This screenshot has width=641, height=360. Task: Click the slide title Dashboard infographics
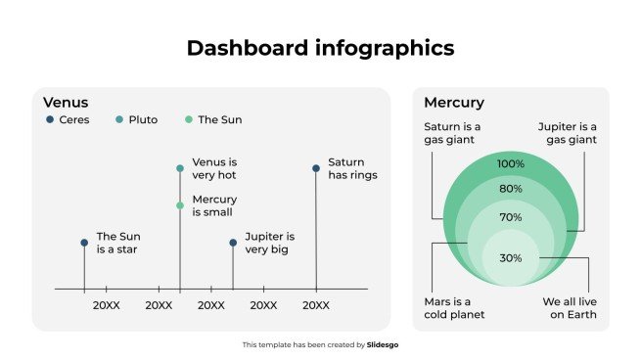pyautogui.click(x=320, y=48)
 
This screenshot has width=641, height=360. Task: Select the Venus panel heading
pyautogui.click(x=66, y=103)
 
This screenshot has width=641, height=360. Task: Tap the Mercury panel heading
pyautogui.click(x=453, y=103)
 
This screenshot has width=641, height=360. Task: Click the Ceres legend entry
pyautogui.click(x=68, y=120)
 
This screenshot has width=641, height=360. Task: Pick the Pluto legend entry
pyautogui.click(x=135, y=120)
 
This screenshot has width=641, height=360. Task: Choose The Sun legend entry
pyautogui.click(x=212, y=120)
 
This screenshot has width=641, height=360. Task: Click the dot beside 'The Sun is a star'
pyautogui.click(x=84, y=243)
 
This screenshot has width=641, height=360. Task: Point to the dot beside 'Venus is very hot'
pyautogui.click(x=180, y=168)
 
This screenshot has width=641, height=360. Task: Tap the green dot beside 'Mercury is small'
pyautogui.click(x=180, y=205)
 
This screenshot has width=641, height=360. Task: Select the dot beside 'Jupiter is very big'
pyautogui.click(x=233, y=243)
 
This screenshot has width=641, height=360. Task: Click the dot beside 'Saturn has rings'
pyautogui.click(x=316, y=168)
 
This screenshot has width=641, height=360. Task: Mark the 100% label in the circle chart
pyautogui.click(x=511, y=164)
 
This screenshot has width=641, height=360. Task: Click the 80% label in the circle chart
pyautogui.click(x=511, y=189)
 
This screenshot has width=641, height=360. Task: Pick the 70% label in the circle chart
pyautogui.click(x=511, y=217)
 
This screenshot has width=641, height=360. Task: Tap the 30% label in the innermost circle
pyautogui.click(x=511, y=258)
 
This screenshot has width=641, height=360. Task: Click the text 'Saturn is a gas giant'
pyautogui.click(x=452, y=133)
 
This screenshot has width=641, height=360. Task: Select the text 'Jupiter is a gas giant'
pyautogui.click(x=567, y=133)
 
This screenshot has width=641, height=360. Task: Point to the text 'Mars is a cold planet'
pyautogui.click(x=454, y=308)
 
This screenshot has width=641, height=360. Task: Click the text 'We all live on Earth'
pyautogui.click(x=570, y=308)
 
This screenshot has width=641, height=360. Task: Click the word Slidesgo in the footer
pyautogui.click(x=384, y=344)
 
